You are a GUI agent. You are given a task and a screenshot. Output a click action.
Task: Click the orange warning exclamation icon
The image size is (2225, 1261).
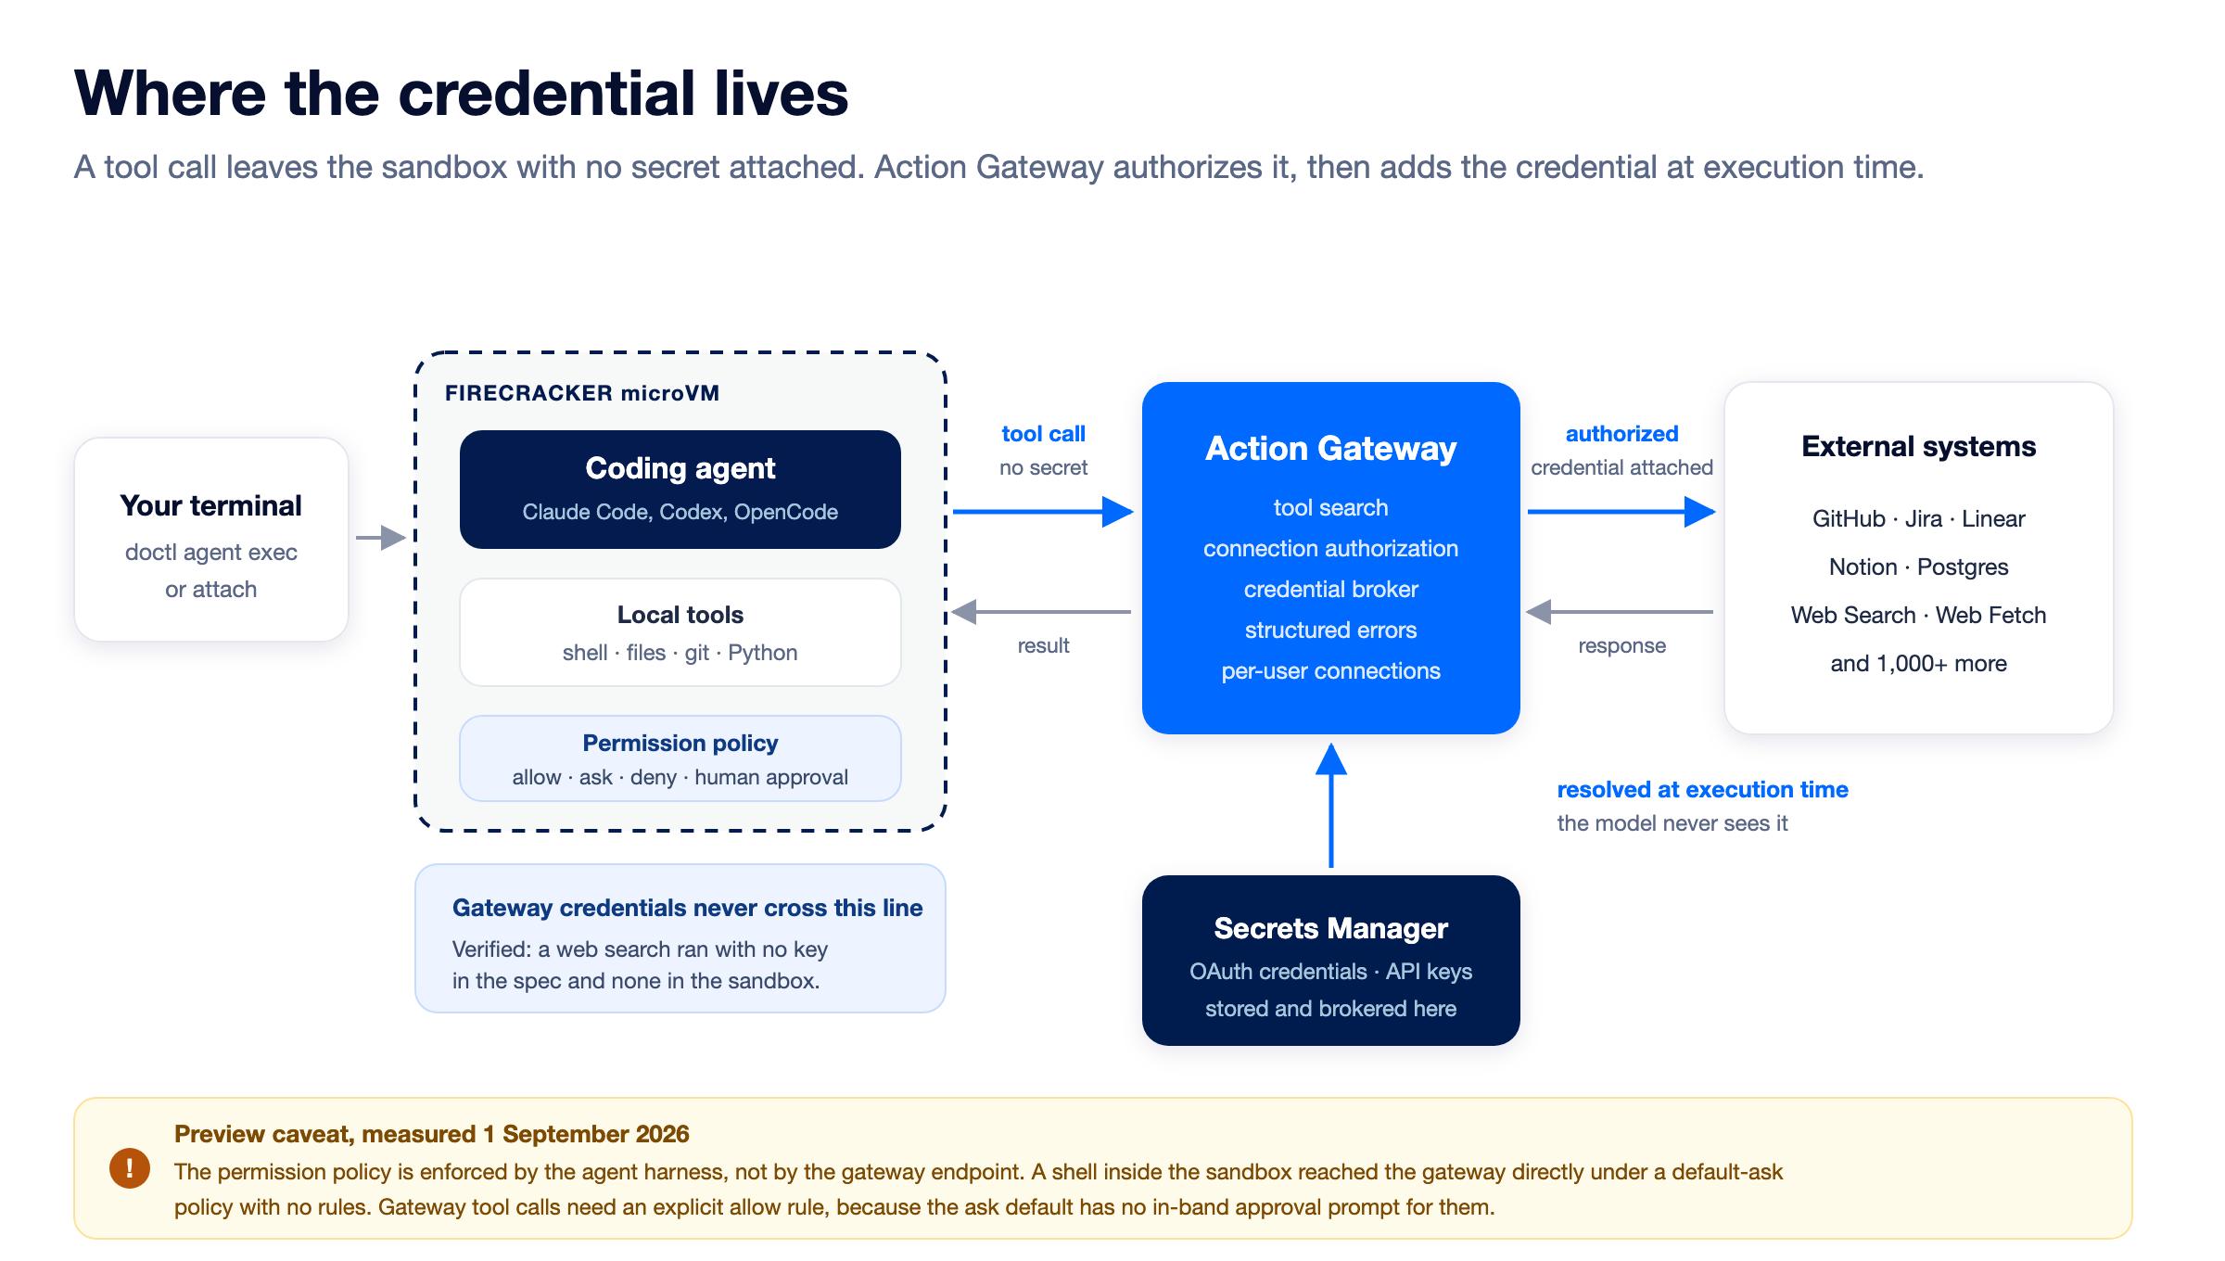pyautogui.click(x=130, y=1167)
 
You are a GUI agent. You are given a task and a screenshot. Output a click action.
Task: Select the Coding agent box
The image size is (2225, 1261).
pyautogui.click(x=680, y=490)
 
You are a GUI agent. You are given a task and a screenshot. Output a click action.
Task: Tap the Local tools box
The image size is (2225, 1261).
pyautogui.click(x=680, y=632)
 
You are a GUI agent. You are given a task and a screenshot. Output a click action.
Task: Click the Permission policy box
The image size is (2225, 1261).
pyautogui.click(x=680, y=758)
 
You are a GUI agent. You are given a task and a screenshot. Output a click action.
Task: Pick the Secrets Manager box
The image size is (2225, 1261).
pyautogui.click(x=1331, y=961)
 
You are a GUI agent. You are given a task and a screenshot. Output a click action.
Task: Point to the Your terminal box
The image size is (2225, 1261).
pyautogui.click(x=211, y=540)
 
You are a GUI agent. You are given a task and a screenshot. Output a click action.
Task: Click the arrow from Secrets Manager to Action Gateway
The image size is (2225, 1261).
pyautogui.click(x=1331, y=805)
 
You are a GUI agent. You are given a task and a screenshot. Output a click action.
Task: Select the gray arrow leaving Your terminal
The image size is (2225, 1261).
pyautogui.click(x=381, y=538)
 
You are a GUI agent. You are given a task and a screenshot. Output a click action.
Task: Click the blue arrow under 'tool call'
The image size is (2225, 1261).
pyautogui.click(x=1043, y=512)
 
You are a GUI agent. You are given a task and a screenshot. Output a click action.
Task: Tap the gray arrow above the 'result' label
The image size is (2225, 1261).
pyautogui.click(x=1041, y=612)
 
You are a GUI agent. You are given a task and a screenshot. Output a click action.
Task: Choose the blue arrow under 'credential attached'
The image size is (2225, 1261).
pyautogui.click(x=1621, y=512)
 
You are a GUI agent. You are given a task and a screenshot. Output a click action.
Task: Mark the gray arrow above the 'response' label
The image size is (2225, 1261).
pyautogui.click(x=1620, y=612)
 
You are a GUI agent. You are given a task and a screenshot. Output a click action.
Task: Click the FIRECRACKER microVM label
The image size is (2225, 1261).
pyautogui.click(x=582, y=393)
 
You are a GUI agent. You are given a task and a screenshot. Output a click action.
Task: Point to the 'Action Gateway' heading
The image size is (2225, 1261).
pyautogui.click(x=1331, y=449)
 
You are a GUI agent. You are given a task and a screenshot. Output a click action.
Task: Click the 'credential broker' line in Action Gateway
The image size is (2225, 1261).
pyautogui.click(x=1331, y=590)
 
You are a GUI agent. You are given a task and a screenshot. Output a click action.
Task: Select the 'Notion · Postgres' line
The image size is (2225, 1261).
pyautogui.click(x=1919, y=567)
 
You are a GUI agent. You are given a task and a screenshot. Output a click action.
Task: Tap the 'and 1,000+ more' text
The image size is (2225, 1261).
pyautogui.click(x=1919, y=664)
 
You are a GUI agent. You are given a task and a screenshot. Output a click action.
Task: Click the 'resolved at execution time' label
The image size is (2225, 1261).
pyautogui.click(x=1703, y=790)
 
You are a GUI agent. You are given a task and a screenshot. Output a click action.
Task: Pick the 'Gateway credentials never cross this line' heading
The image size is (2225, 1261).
pyautogui.click(x=688, y=909)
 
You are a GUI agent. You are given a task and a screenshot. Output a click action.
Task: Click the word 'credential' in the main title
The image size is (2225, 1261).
pyautogui.click(x=547, y=94)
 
